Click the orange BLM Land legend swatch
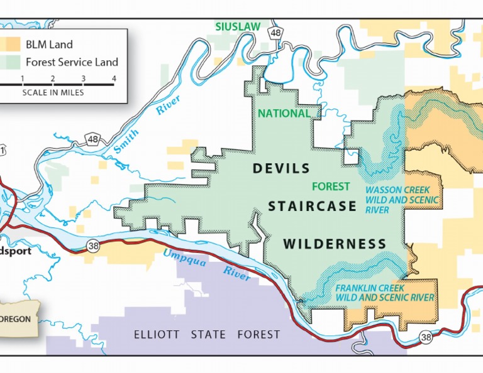(13, 45)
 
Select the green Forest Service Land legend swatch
(13, 62)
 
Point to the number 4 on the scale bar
(114, 78)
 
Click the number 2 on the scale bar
(53, 78)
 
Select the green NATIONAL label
(284, 114)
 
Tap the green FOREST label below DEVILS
(331, 186)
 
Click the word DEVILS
(281, 168)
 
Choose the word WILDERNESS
(334, 244)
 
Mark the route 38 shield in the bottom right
(426, 338)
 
